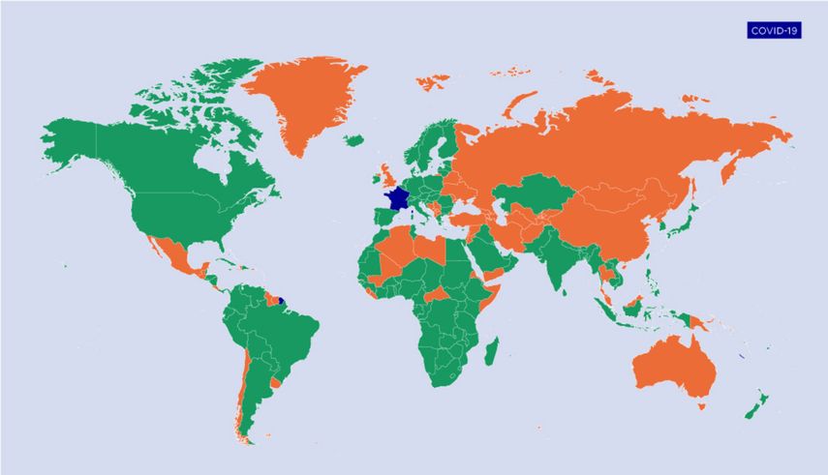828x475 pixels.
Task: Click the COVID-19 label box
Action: (x=773, y=30)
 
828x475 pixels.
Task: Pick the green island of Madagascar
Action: (x=492, y=346)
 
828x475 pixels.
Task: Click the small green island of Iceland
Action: (x=353, y=141)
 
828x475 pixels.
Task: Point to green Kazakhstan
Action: (x=537, y=193)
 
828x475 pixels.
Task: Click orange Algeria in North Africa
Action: (x=401, y=248)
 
